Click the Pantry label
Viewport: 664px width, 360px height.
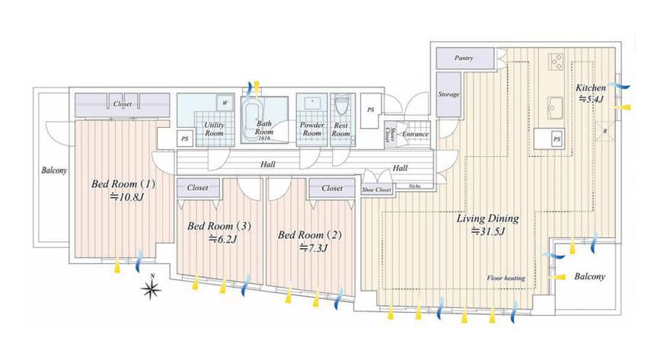click(x=464, y=58)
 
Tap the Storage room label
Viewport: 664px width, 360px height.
click(x=449, y=94)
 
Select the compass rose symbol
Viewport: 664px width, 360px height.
click(x=152, y=288)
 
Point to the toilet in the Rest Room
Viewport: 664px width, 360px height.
click(x=340, y=103)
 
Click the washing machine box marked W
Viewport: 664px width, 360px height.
click(x=225, y=103)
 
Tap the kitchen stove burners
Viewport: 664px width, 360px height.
click(x=556, y=62)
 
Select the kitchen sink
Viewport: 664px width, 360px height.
click(x=555, y=108)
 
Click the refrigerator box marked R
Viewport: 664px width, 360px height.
click(x=605, y=131)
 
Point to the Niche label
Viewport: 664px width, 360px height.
click(x=414, y=186)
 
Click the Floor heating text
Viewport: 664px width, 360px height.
click(x=506, y=278)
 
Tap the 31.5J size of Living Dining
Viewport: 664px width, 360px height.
click(x=488, y=231)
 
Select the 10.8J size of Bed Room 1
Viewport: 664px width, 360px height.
click(x=127, y=196)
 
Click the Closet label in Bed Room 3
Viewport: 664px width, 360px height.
click(x=198, y=187)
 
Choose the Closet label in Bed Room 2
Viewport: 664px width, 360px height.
click(x=332, y=188)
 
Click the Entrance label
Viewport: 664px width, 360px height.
click(x=415, y=134)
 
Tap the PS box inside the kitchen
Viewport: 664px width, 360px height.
click(x=557, y=139)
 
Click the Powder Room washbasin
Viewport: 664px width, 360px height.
click(x=312, y=101)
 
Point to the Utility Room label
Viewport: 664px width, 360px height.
click(x=214, y=129)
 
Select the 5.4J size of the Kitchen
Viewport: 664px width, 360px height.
click(x=591, y=100)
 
